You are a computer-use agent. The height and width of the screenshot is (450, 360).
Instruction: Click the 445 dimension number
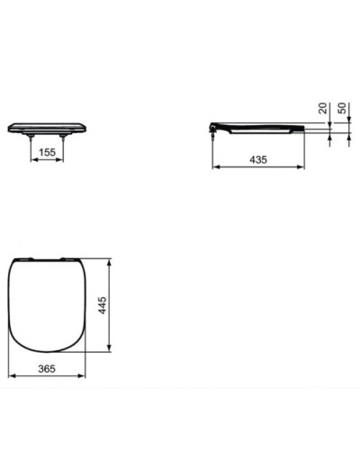103,307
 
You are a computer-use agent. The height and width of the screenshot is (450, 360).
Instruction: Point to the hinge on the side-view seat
213,130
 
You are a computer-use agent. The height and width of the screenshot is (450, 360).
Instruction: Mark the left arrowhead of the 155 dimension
33,161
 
